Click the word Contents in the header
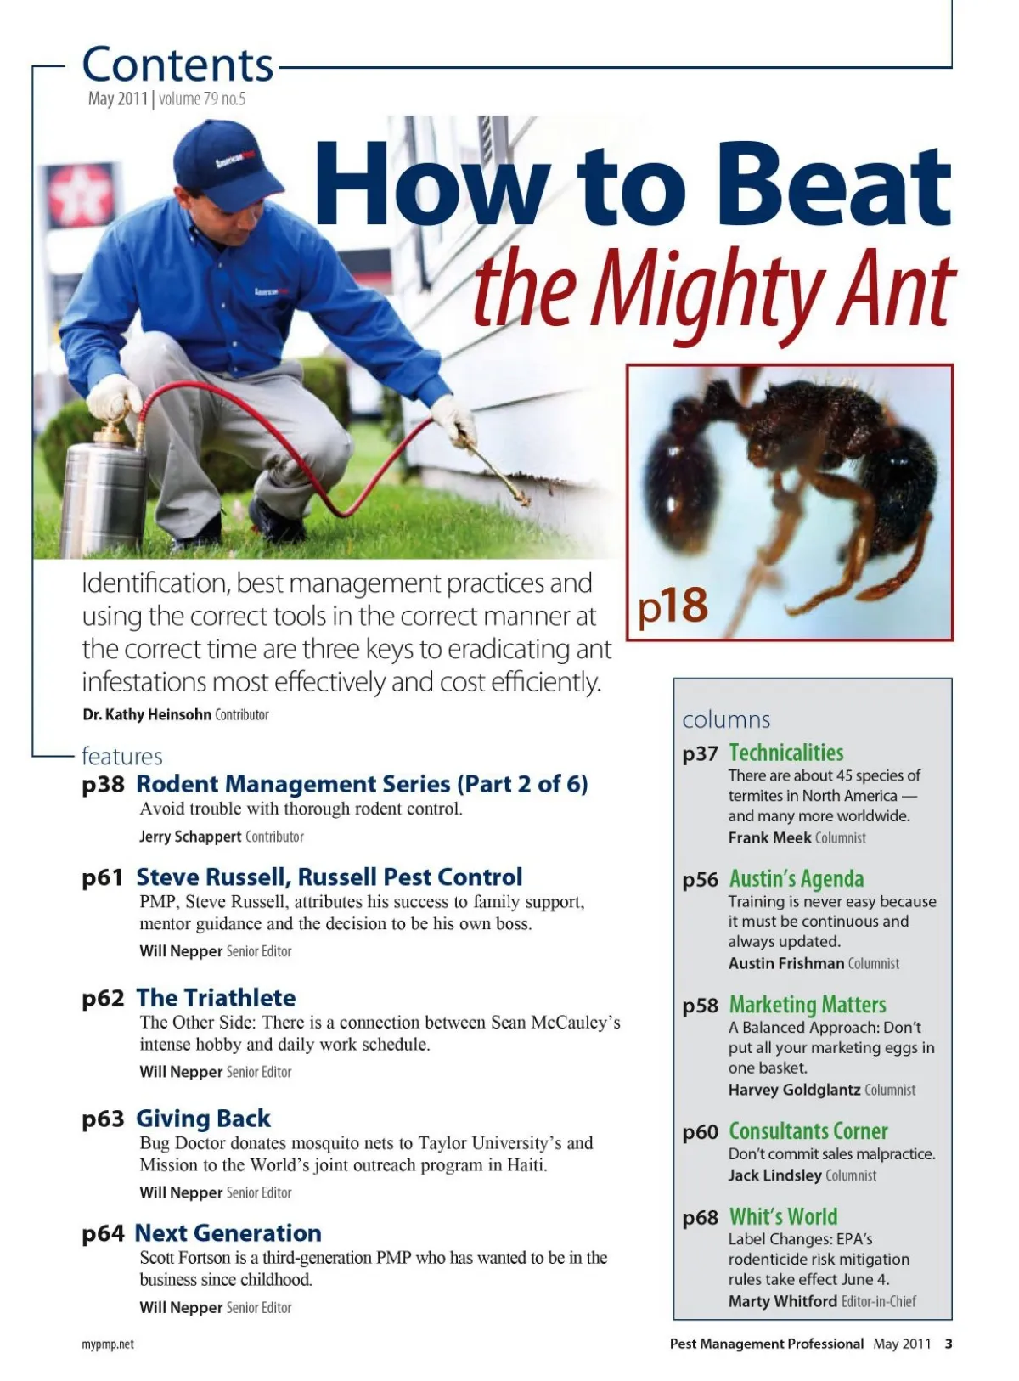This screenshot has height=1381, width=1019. [x=177, y=65]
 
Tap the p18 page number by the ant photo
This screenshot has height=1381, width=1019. [x=673, y=606]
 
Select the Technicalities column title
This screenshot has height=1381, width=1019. [x=786, y=753]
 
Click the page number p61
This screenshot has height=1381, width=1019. [x=103, y=877]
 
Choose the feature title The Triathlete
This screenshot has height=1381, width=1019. [x=216, y=998]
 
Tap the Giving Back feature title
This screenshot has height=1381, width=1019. [x=203, y=1119]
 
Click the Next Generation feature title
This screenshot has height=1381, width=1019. [x=228, y=1233]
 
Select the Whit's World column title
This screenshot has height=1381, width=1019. [x=783, y=1217]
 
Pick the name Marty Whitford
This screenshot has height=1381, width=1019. [x=782, y=1301]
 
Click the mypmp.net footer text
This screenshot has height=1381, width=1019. [x=108, y=1344]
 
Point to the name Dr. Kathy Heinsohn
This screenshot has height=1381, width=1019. [x=147, y=715]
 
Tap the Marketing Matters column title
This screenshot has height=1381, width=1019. [x=808, y=1006]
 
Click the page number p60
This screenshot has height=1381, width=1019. [x=701, y=1133]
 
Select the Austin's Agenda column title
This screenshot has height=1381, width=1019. [x=797, y=879]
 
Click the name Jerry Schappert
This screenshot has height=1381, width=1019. [x=190, y=837]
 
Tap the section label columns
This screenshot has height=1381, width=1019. [x=726, y=720]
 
